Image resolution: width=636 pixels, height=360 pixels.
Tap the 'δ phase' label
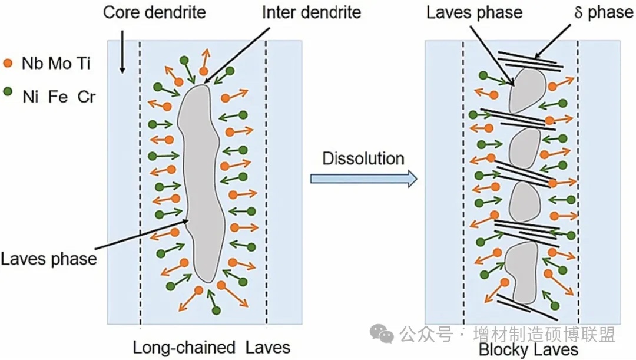click(x=603, y=12)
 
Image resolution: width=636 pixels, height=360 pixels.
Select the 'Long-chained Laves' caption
click(x=211, y=346)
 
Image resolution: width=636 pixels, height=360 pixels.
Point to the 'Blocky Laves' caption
click(x=528, y=350)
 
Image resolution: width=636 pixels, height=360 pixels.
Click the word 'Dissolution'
click(x=363, y=158)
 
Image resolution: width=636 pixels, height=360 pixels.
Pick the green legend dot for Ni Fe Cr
click(x=7, y=93)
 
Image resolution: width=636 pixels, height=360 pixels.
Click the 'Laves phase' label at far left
click(x=48, y=258)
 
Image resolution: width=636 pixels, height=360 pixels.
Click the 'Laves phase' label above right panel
click(x=474, y=12)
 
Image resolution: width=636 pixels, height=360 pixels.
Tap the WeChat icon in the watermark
click(x=382, y=335)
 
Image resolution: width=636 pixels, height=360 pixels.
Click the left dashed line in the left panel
click(x=140, y=177)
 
